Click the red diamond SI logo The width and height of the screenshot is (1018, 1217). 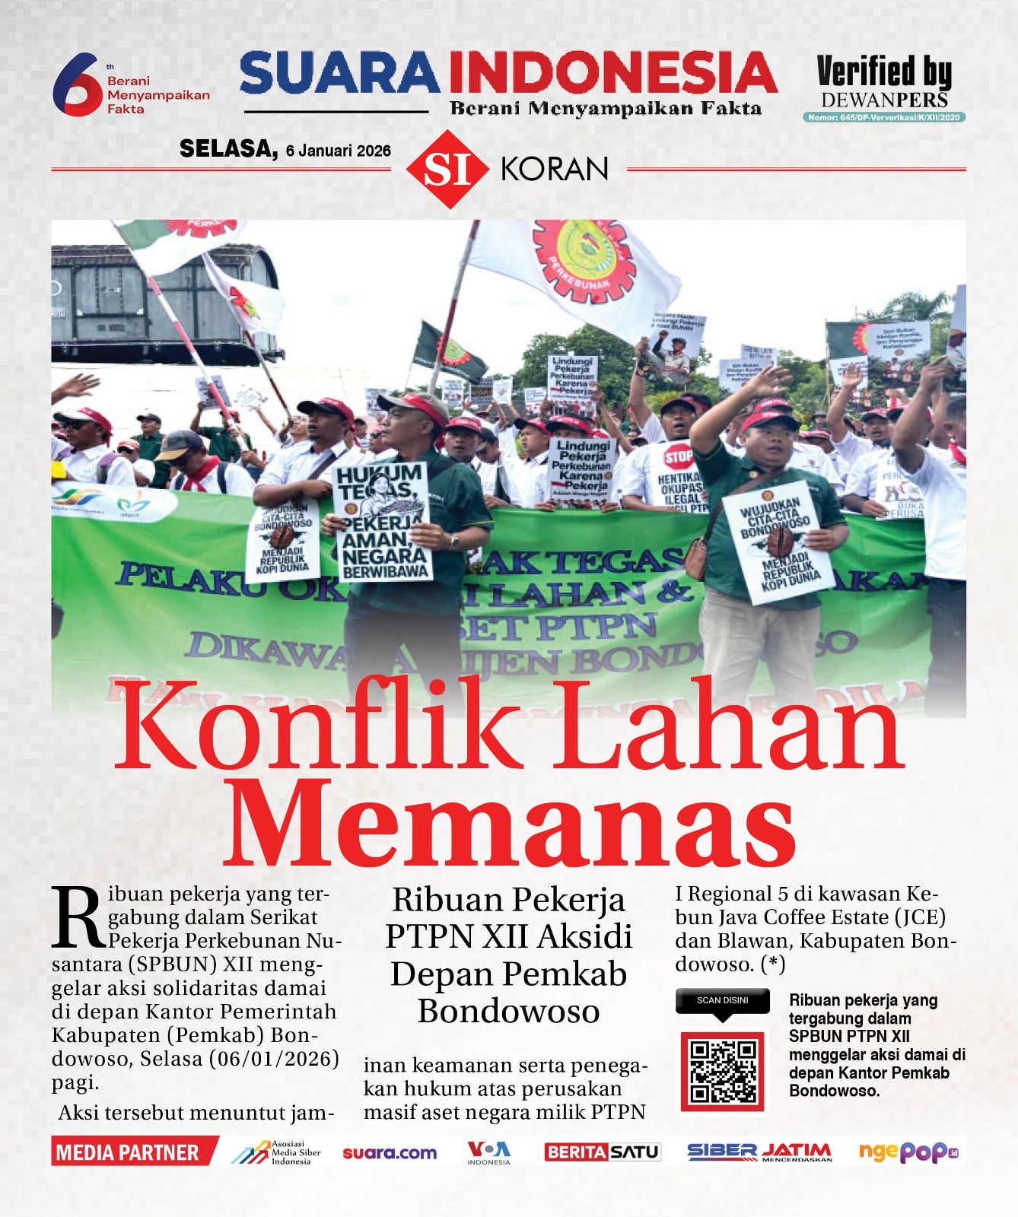click(x=447, y=169)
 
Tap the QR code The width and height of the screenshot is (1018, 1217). click(x=722, y=1071)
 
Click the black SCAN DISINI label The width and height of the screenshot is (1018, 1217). click(x=722, y=1000)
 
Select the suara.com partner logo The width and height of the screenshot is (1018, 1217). click(x=390, y=1153)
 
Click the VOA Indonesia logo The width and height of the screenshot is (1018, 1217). click(x=488, y=1152)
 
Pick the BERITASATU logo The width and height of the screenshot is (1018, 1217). click(x=602, y=1152)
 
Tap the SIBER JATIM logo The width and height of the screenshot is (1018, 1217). click(x=759, y=1152)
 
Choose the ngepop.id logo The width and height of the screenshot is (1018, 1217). click(x=908, y=1152)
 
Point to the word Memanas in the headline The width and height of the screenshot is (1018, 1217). click(x=509, y=824)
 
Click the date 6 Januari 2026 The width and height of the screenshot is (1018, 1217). click(x=338, y=151)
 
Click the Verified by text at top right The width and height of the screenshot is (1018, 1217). click(x=883, y=72)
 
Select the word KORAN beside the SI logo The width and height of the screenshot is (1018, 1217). click(x=555, y=169)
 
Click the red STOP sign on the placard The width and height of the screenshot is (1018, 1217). click(x=678, y=458)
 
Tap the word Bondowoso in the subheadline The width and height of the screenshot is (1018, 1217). click(x=508, y=1011)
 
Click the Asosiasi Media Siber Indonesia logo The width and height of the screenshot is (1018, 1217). click(x=276, y=1152)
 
